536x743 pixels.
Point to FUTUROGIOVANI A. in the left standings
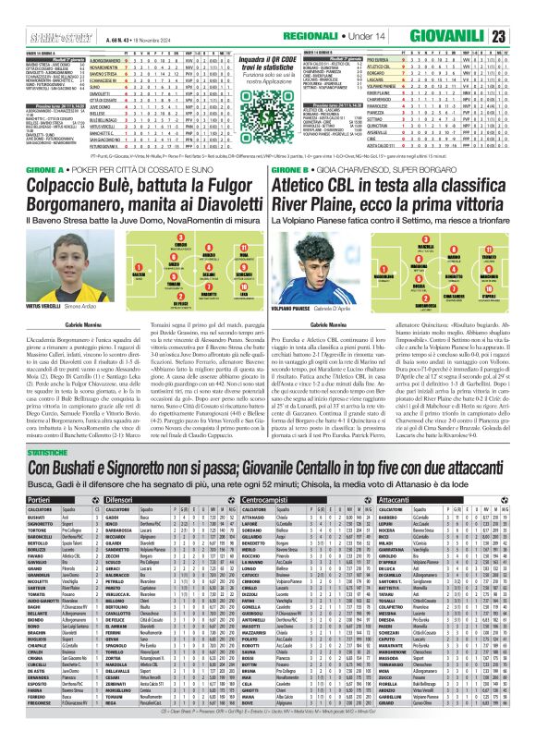pyautogui.click(x=108, y=146)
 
